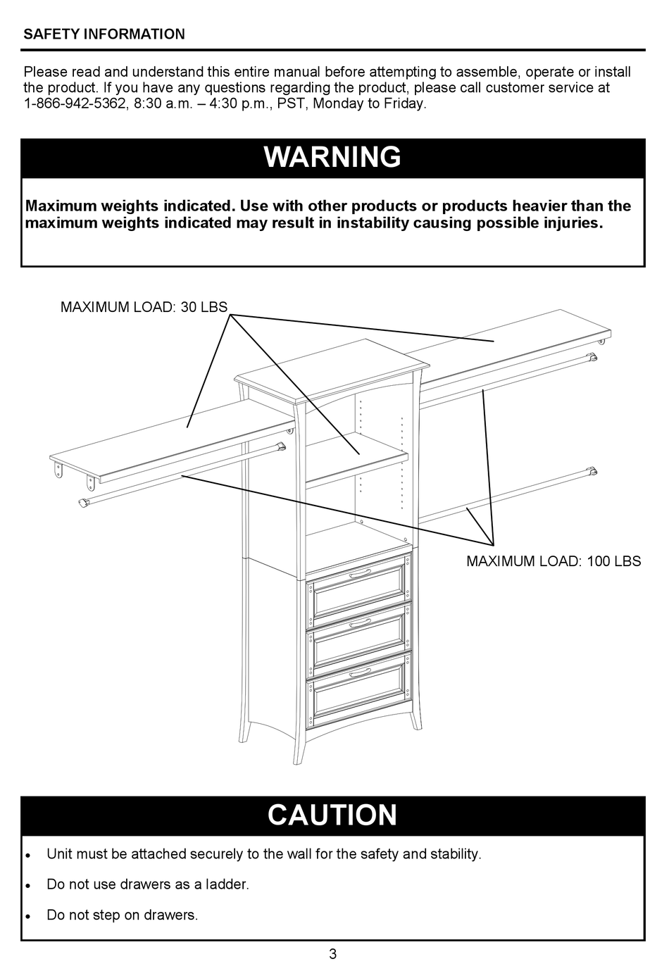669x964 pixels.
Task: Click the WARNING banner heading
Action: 332,157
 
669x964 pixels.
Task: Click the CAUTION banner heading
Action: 332,815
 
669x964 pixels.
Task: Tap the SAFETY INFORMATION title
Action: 104,34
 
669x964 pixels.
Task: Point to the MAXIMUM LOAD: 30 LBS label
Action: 144,307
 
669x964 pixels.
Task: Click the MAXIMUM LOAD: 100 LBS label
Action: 554,561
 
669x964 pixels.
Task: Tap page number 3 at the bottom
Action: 332,954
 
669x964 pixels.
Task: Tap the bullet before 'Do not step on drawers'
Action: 27,916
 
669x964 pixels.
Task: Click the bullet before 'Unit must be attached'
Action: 27,855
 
